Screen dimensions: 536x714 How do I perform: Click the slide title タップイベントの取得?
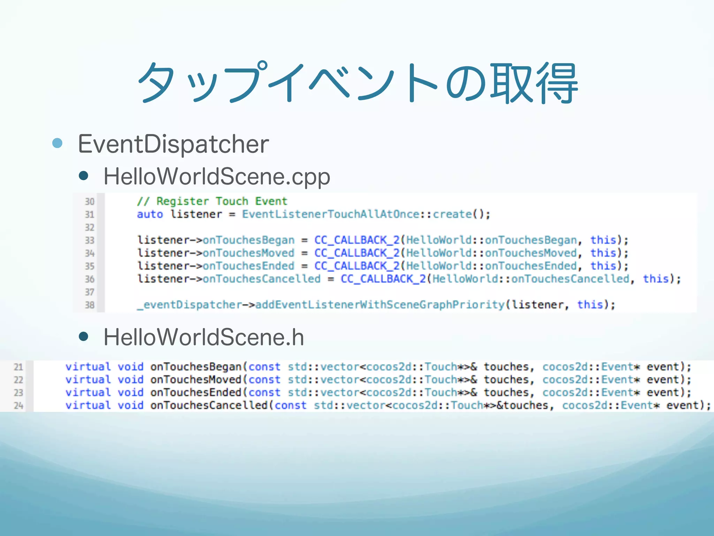358,83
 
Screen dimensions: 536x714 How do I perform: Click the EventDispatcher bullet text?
173,144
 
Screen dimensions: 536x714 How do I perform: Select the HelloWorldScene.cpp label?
217,176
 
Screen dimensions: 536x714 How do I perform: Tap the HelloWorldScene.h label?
204,337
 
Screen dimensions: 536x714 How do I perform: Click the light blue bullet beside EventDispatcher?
57,143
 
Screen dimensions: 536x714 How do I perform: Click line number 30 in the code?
90,202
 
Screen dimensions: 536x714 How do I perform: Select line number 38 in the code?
90,305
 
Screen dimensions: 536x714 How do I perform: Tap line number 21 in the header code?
18,367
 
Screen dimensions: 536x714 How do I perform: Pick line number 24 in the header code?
18,405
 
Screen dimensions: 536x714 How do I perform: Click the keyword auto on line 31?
150,214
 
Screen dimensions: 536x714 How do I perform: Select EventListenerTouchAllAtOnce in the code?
331,214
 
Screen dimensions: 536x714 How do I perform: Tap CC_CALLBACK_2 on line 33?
357,240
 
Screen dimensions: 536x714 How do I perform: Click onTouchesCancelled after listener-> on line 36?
261,279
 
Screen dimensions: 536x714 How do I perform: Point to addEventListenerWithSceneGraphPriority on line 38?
380,305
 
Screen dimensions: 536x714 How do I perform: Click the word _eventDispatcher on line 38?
190,305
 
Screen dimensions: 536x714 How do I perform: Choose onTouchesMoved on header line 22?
196,380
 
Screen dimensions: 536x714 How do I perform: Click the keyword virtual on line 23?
88,393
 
